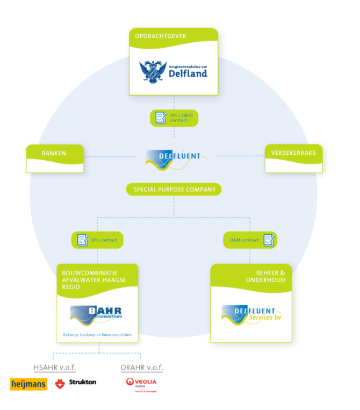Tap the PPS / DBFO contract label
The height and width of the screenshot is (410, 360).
click(x=179, y=118)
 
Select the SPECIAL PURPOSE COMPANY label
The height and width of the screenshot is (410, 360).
click(x=174, y=189)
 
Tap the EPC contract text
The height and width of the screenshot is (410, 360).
click(x=104, y=240)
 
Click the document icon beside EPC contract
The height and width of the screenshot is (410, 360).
click(x=83, y=240)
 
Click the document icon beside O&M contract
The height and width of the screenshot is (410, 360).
click(x=268, y=240)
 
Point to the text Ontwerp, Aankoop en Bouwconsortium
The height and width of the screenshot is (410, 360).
click(x=97, y=335)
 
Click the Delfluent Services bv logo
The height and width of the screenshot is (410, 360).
click(x=251, y=315)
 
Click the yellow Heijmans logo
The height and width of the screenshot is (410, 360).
click(x=28, y=384)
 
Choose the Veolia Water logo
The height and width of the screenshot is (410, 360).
click(x=141, y=384)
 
